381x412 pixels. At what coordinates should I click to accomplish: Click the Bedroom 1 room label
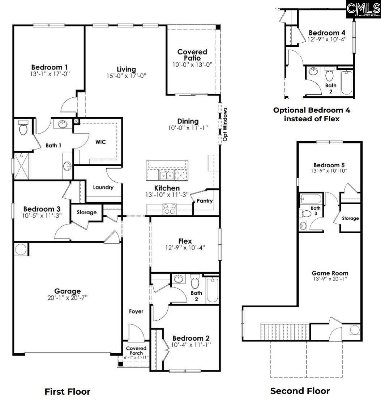pos(50,67)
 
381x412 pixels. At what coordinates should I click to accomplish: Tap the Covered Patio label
pos(192,55)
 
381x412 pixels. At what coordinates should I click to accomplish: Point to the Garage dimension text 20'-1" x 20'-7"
pos(67,298)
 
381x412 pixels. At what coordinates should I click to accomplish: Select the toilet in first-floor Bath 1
pos(23,128)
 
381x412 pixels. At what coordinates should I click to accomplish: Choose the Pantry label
pos(205,201)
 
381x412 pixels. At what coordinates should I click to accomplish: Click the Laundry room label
pos(103,188)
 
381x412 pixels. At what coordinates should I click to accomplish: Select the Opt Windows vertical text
pos(225,124)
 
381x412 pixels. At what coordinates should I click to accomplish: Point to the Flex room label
pos(185,241)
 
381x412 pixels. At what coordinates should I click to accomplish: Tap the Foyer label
pos(136,311)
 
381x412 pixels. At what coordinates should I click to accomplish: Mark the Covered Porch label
pos(136,350)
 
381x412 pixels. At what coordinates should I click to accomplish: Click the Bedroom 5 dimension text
pos(329,171)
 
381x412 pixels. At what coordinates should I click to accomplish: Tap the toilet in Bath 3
pos(307,214)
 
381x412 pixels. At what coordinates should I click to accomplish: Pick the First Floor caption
pos(67,391)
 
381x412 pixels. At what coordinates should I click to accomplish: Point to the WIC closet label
pos(100,142)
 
